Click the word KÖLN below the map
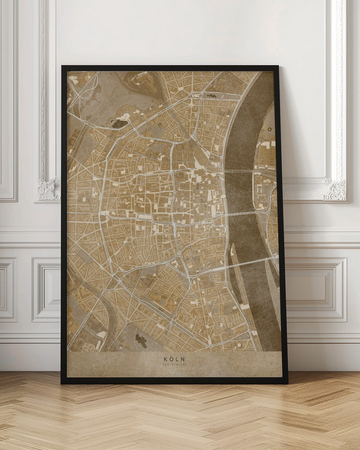tap(174, 359)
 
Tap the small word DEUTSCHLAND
tap(174, 365)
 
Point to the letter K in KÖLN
tap(166, 359)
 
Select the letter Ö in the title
tap(171, 359)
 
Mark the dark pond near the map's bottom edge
tap(141, 340)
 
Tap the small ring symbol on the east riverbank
tap(269, 129)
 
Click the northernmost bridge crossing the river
tap(245, 171)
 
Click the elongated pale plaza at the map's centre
tap(144, 217)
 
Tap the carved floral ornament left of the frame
tap(49, 189)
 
